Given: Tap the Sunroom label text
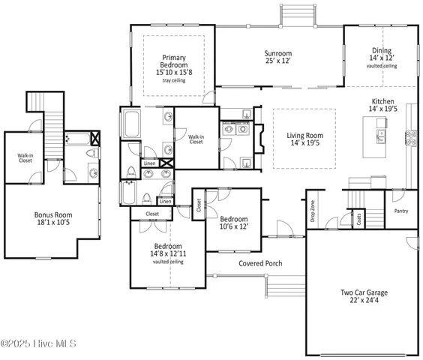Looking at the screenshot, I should (x=277, y=54).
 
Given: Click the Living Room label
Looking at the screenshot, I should (x=304, y=136).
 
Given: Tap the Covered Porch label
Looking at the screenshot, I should (x=260, y=264).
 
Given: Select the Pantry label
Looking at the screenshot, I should (x=400, y=211).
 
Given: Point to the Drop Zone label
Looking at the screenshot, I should (x=312, y=212).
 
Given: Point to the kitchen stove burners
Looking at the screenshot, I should (x=412, y=137).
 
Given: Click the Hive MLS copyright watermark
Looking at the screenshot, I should (x=43, y=345).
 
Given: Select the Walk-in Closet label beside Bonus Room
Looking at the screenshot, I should (x=25, y=158).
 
